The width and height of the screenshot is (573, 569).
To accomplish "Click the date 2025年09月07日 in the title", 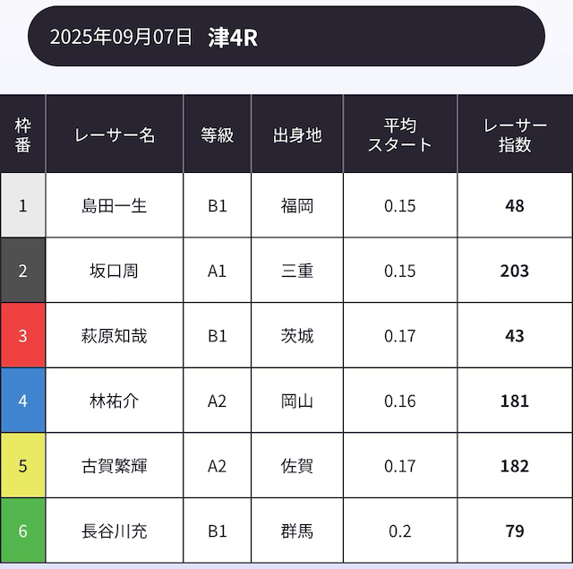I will click(121, 37).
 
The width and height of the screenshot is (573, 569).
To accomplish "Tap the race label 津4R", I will click(232, 37).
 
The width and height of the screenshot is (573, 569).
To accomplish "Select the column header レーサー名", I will click(115, 134).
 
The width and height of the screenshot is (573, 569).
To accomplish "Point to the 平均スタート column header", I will click(400, 134).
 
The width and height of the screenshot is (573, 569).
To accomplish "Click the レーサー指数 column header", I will click(515, 134).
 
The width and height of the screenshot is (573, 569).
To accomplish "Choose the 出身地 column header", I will click(297, 134).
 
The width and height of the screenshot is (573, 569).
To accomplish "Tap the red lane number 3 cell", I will click(23, 336).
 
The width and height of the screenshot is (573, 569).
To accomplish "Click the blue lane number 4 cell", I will click(23, 401).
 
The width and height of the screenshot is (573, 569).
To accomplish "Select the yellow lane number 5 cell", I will click(23, 466).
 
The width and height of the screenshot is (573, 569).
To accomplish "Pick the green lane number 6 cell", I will click(23, 530).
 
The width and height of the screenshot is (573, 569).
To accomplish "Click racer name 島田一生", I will click(115, 205).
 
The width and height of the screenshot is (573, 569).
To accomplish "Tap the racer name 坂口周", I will click(115, 271).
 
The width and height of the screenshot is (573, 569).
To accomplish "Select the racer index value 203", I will click(515, 271).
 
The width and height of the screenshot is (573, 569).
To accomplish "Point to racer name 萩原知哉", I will click(115, 336).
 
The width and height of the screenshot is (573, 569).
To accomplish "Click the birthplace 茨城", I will click(297, 336).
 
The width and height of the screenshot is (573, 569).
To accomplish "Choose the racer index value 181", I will click(515, 401).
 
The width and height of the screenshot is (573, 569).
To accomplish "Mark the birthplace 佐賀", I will click(297, 466).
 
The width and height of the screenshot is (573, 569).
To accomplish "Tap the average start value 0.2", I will click(400, 530).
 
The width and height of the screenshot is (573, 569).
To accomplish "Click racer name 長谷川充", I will click(115, 530).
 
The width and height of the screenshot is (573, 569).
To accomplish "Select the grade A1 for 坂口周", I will click(218, 271).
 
